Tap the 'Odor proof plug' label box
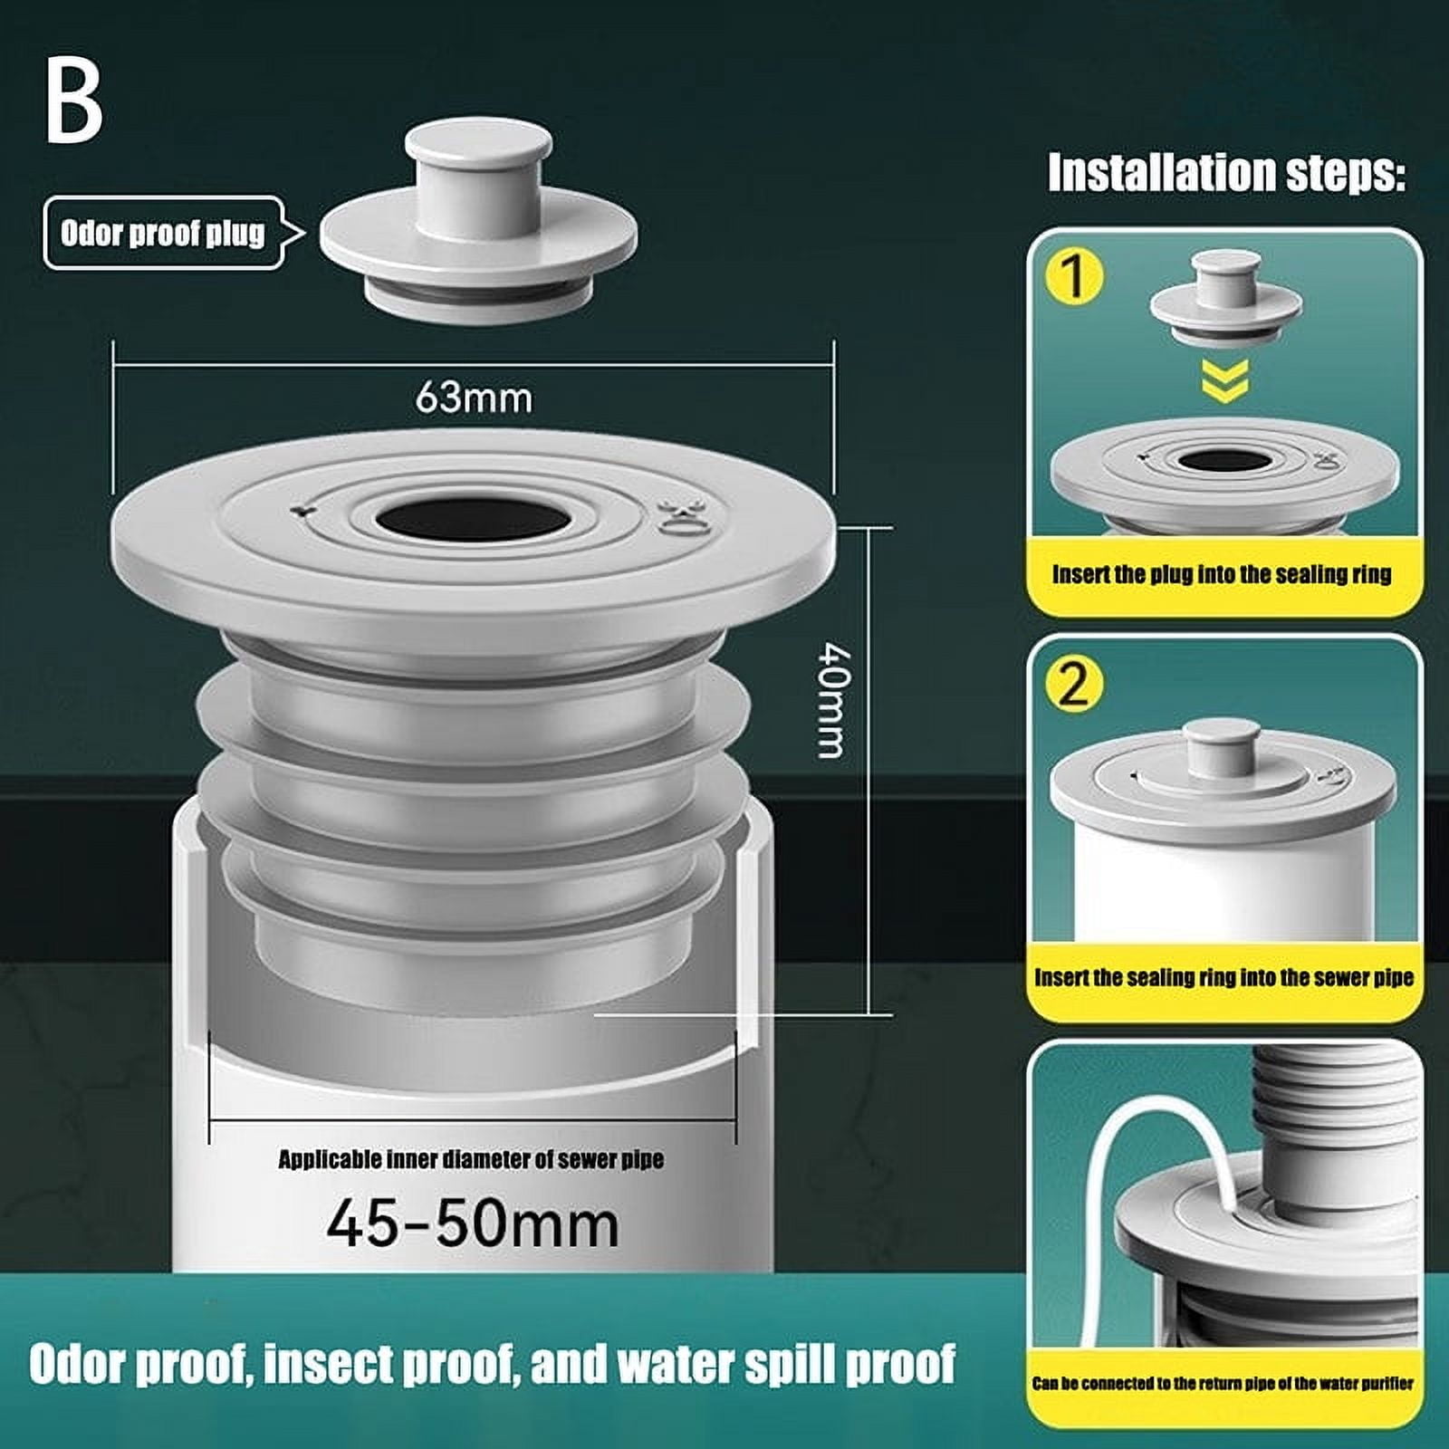click(x=163, y=234)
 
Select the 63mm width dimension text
click(x=474, y=398)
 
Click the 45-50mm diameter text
click(x=473, y=1224)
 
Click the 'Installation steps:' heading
click(x=1226, y=172)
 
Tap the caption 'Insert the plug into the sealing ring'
click(x=1222, y=574)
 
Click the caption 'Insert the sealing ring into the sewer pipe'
click(x=1223, y=978)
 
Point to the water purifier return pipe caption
click(x=1223, y=1384)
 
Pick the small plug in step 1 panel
click(x=1224, y=299)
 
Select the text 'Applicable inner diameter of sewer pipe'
click(x=471, y=1160)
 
